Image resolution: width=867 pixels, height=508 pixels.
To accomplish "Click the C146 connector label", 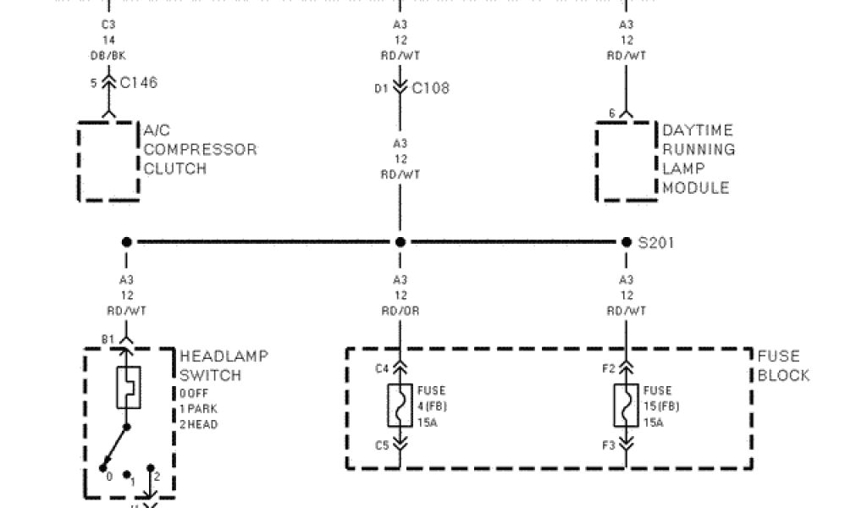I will coord(138,83).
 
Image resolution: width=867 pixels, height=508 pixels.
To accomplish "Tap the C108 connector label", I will coord(431,88).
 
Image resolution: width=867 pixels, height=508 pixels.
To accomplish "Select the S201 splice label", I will coord(656,243).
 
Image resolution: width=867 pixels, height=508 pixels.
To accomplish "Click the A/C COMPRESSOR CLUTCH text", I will coord(200,149).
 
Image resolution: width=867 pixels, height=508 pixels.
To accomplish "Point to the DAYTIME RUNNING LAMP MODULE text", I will coord(698,159).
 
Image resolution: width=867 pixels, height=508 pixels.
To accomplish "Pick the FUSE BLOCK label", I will coord(783,366).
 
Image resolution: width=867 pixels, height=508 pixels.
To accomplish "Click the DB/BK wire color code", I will coord(108,55).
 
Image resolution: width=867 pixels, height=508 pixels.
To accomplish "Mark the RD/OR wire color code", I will coord(400,311).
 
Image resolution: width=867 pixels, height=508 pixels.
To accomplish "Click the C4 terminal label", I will coord(383,368).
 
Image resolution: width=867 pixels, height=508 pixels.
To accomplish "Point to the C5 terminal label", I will coord(383,444).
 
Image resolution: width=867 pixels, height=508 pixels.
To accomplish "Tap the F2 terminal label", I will coord(609,368).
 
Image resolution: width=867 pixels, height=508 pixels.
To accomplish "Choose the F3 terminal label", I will coord(609,444).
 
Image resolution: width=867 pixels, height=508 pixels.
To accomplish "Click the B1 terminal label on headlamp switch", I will coord(108,340).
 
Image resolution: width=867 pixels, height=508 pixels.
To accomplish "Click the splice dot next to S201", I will coord(627,242).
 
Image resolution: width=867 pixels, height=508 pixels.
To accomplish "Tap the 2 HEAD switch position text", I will coord(199,424).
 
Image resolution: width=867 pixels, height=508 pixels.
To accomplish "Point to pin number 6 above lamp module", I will coord(612,113).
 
